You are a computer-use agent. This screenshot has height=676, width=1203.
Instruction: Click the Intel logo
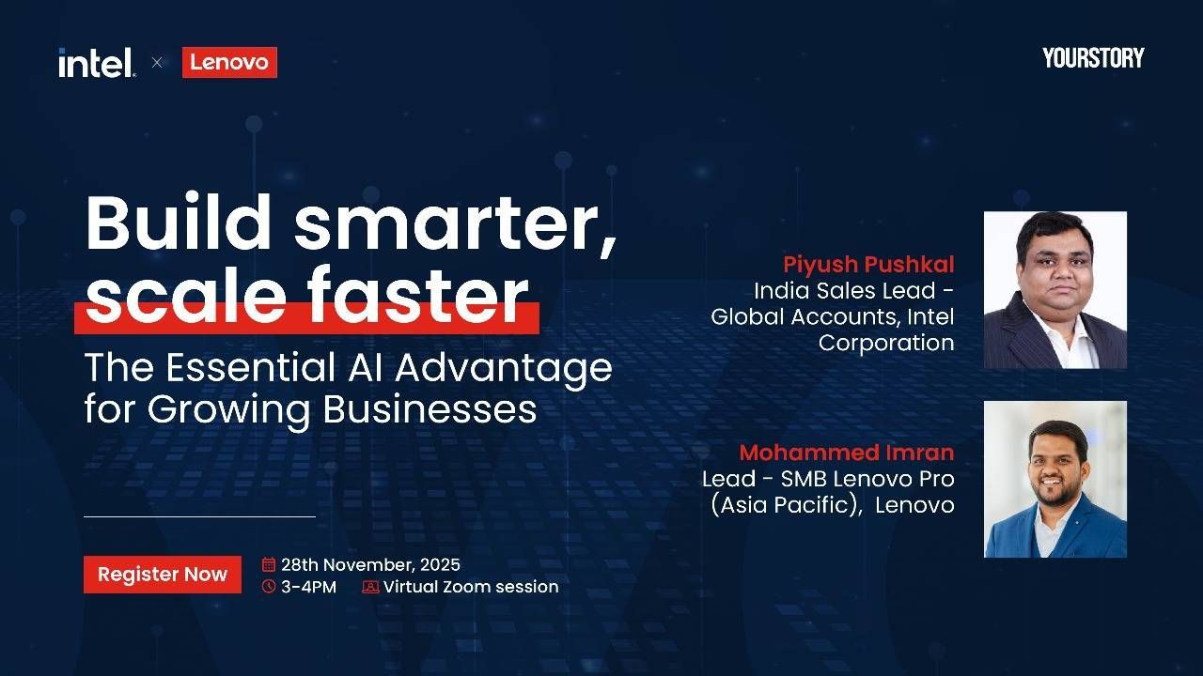[97, 63]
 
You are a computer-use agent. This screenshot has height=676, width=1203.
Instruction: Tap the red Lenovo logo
[230, 62]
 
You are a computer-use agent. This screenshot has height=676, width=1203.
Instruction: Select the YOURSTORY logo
[1093, 58]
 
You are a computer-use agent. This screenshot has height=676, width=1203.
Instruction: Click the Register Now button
[163, 574]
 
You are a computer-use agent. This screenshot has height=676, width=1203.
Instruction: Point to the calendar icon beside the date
[269, 564]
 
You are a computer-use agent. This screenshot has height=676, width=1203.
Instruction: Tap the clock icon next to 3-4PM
[269, 587]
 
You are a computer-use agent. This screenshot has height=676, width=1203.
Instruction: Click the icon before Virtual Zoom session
[370, 587]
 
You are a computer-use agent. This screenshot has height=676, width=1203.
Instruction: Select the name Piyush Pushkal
[868, 265]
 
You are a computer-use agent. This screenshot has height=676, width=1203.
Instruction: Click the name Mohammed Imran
[847, 453]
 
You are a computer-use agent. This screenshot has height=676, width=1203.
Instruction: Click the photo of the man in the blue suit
[1055, 479]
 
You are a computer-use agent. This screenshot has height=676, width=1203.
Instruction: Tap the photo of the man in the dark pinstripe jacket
[1055, 290]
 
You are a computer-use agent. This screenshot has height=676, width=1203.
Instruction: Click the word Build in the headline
[179, 223]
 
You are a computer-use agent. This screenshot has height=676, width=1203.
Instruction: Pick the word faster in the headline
[418, 295]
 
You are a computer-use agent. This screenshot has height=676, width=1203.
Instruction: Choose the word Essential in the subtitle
[251, 367]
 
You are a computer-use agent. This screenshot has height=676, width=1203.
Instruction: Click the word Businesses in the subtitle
[430, 409]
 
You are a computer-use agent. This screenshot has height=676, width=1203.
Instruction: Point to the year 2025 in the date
[440, 564]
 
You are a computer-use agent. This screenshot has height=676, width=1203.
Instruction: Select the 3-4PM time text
[309, 587]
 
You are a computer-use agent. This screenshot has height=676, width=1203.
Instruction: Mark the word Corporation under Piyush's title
[886, 343]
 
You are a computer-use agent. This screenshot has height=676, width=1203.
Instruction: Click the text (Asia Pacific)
[787, 505]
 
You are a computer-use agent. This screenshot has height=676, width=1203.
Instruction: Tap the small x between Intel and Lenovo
[157, 63]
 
